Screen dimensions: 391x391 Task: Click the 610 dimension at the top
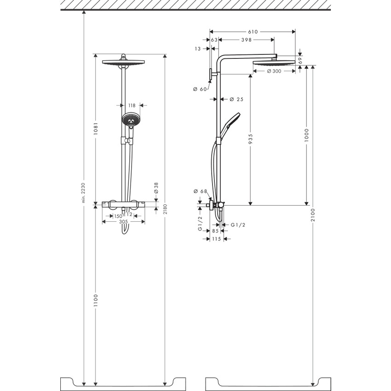pos(253,32)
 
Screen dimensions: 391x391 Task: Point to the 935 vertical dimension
pos(250,139)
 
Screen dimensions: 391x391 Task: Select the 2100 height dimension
pos(313,216)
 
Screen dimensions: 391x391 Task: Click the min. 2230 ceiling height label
pos(83,193)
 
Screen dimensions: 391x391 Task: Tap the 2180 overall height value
pos(164,209)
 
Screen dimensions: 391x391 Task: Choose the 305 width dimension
pos(123,221)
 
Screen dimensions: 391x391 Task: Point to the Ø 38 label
pos(156,187)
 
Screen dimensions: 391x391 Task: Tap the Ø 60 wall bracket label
pos(201,89)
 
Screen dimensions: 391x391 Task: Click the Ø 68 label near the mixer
pos(201,191)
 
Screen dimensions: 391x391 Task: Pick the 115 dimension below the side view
pos(216,239)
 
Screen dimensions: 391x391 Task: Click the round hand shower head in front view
pos(131,120)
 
